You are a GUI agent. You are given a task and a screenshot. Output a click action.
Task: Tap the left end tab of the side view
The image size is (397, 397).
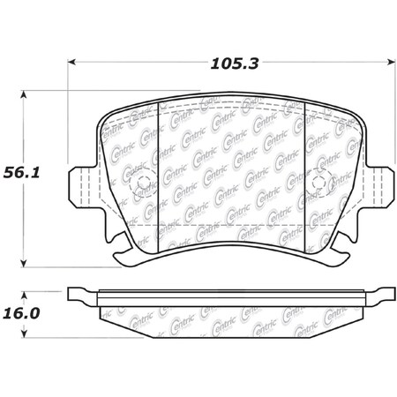click(82, 292)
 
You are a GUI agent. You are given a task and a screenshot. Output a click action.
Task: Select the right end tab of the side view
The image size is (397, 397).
click(380, 292)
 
